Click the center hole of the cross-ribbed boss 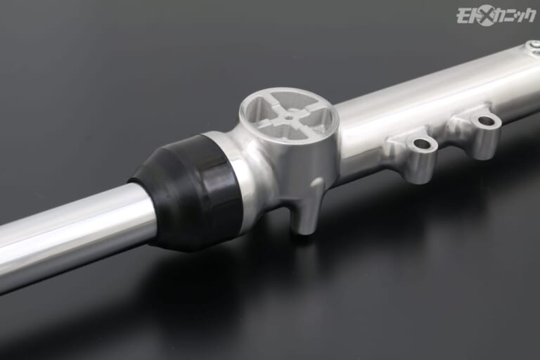[x=288, y=117]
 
